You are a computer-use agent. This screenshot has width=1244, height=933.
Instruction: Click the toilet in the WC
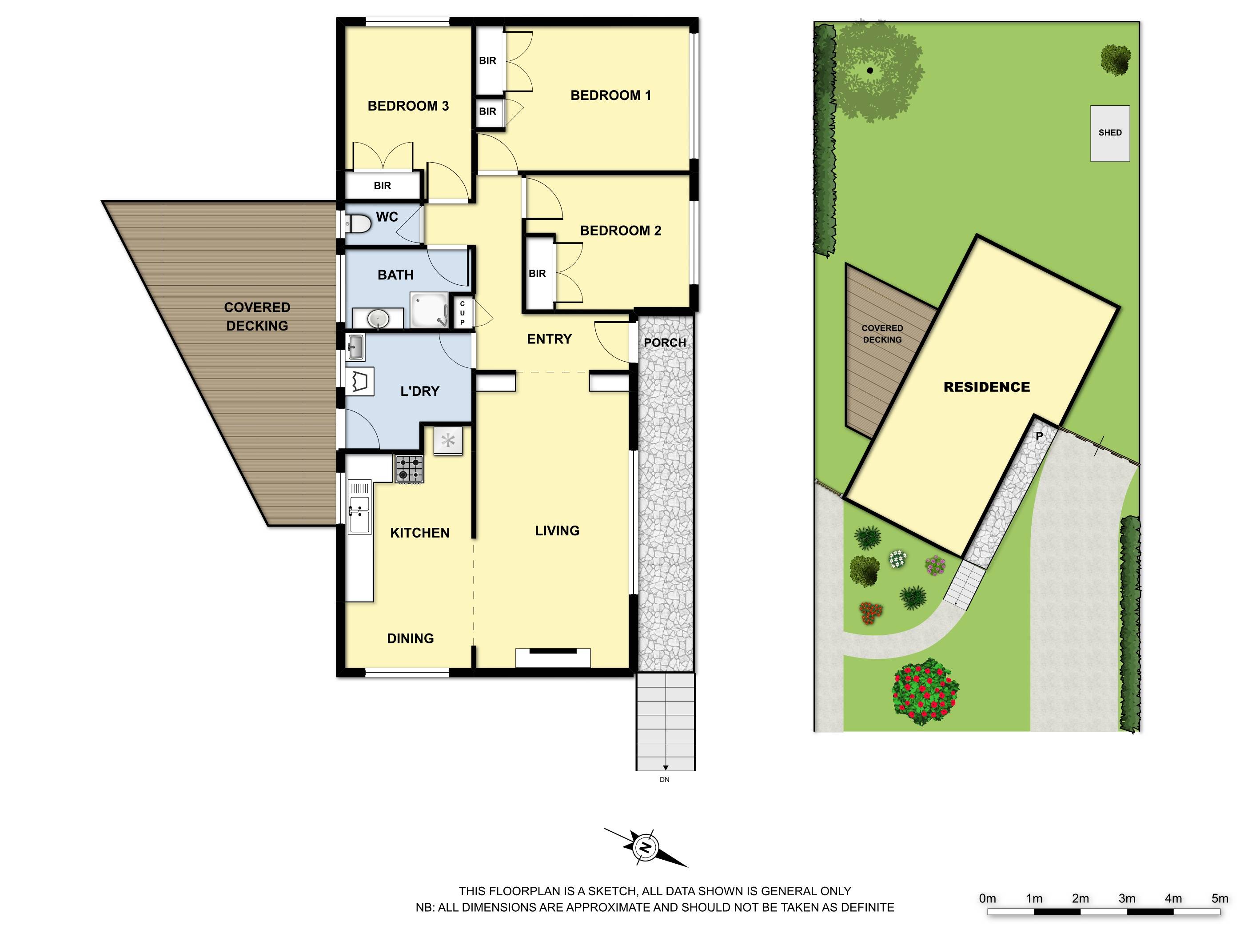coord(358,226)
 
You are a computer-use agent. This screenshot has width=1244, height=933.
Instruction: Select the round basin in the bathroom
coord(378,319)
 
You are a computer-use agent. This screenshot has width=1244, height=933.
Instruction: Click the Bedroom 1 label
coord(611,96)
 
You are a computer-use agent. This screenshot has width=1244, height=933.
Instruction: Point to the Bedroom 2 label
coord(620,231)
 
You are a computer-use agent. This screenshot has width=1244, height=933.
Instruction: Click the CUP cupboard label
coord(463,313)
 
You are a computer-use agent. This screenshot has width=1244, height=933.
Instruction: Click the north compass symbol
coord(646,847)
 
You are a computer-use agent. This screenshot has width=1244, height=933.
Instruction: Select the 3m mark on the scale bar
coord(1126,898)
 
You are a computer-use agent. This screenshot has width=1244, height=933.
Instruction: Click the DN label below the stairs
coord(665,779)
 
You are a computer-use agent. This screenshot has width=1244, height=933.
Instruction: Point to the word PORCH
coord(665,343)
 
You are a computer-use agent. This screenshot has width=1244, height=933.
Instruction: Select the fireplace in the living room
coord(553,658)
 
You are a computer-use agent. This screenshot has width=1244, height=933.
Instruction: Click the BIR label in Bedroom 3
coord(383,186)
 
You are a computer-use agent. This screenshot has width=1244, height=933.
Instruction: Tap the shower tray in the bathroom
coord(429,309)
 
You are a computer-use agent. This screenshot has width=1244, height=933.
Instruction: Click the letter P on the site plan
coord(1039,436)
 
